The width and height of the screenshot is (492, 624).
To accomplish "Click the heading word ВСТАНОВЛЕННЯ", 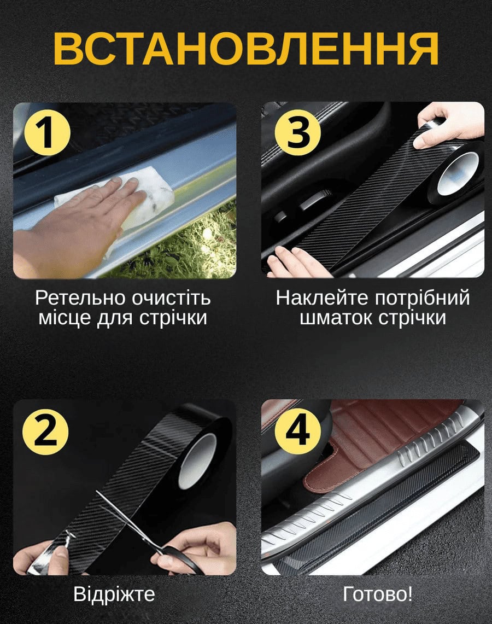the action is (x=246, y=49).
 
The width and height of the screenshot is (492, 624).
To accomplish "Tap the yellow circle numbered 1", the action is (x=48, y=133).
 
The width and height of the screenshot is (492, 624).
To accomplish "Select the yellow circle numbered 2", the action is (x=45, y=432).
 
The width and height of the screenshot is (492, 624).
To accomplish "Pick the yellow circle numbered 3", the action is (x=298, y=132).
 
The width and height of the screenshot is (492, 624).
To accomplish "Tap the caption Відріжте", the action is (x=114, y=594).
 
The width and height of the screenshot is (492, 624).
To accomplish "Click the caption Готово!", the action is (x=377, y=594).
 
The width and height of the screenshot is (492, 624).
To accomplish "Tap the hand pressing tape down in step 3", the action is (x=294, y=262).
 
